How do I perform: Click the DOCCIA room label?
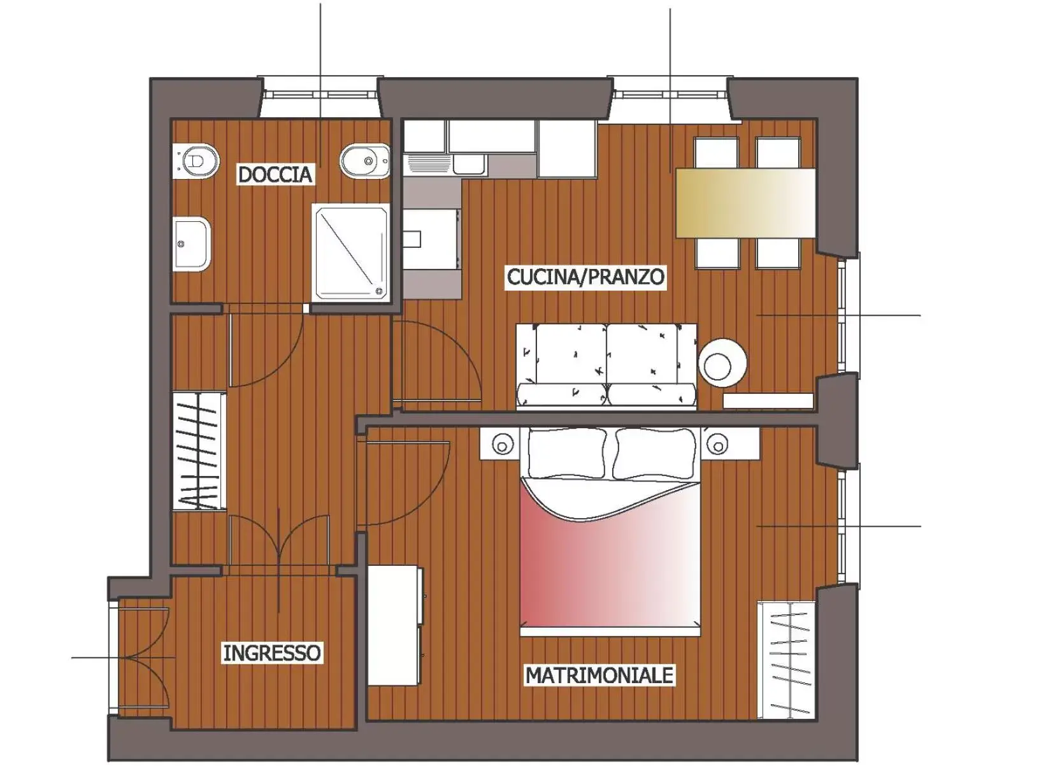tap(275, 174)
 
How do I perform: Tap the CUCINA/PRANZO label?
tap(585, 277)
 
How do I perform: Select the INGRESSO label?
tap(272, 653)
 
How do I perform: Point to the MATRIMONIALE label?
tap(599, 675)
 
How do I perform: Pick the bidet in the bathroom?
tap(365, 161)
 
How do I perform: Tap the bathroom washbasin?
tap(192, 243)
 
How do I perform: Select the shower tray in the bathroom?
tap(350, 252)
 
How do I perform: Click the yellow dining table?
tap(745, 203)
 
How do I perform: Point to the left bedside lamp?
tap(503, 444)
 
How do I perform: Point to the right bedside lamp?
tap(718, 444)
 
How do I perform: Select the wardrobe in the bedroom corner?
tap(786, 660)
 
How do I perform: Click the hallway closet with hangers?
tap(199, 451)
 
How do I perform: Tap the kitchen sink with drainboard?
tap(446, 164)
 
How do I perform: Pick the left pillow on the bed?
tap(565, 453)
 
